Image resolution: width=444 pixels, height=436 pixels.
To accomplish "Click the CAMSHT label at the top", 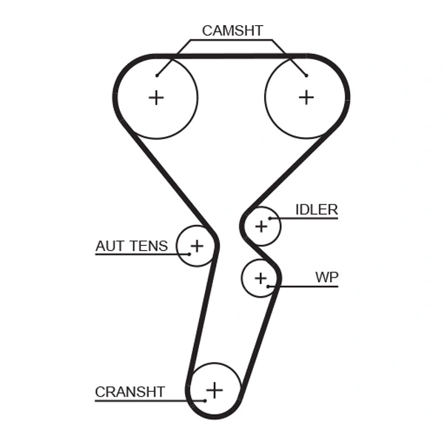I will (232, 30).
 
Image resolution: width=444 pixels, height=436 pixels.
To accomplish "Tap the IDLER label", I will (316, 209).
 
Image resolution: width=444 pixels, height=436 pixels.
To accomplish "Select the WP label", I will (326, 278).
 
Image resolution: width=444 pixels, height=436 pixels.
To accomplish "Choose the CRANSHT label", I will (129, 392).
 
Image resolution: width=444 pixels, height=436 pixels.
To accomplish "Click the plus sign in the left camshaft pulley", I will (156, 97).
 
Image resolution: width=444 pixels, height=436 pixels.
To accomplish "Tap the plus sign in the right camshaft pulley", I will (306, 97).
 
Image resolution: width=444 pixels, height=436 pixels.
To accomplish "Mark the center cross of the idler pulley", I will (260, 226).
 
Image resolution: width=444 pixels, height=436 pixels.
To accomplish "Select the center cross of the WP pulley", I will (260, 278).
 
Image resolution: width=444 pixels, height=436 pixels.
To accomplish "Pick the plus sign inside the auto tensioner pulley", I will (197, 245).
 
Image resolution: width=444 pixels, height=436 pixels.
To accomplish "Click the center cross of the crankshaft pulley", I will (214, 389).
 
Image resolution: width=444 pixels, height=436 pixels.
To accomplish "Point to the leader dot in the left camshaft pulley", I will (158, 75).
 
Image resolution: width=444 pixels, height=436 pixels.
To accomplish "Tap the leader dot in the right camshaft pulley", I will (306, 75).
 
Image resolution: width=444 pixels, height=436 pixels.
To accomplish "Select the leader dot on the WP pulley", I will (269, 286).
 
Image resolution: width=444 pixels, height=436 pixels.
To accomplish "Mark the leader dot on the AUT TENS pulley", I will (189, 254).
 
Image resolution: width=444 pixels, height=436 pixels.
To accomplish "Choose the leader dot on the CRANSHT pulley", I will (205, 400).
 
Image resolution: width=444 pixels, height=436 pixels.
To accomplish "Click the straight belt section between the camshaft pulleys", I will (232, 56).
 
